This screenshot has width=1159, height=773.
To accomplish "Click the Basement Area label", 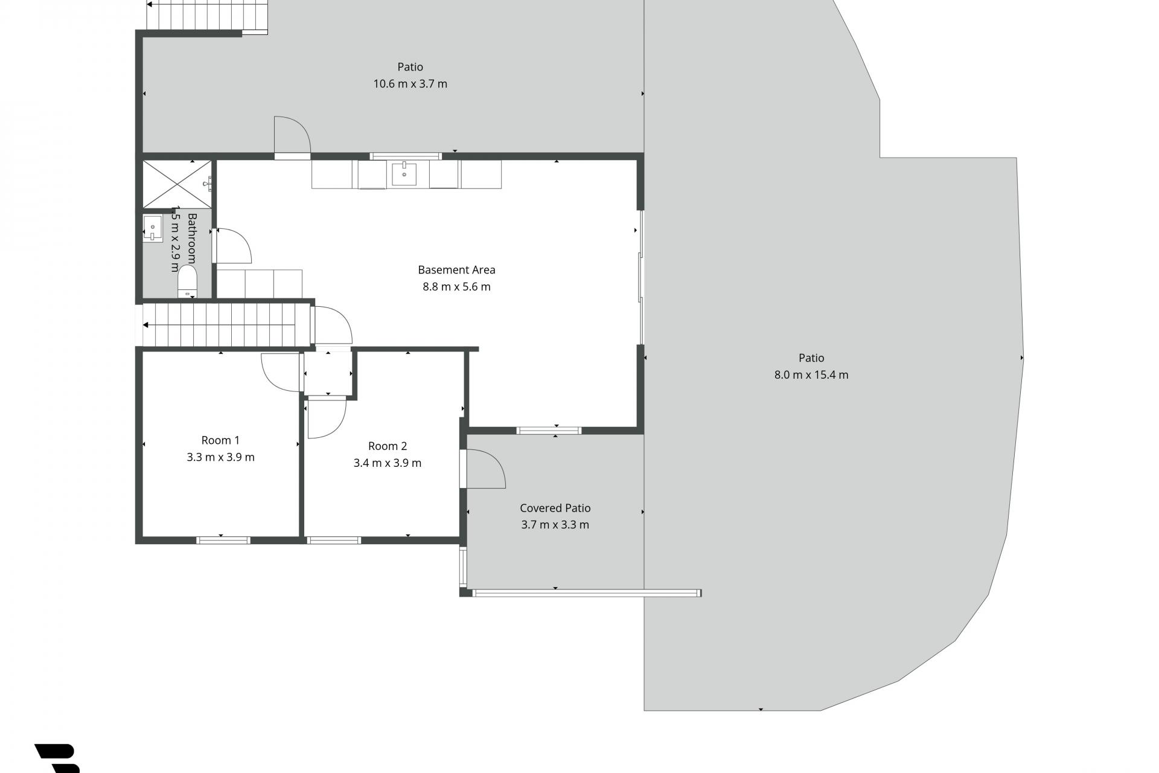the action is click(x=456, y=270).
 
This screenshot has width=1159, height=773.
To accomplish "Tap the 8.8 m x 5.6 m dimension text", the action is click(x=456, y=287).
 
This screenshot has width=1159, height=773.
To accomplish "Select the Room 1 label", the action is click(x=220, y=440).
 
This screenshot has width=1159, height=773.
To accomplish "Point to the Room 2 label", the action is click(x=388, y=446).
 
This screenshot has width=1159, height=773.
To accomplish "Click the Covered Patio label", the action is click(x=555, y=508).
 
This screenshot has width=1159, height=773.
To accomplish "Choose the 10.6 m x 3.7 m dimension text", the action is click(x=410, y=84).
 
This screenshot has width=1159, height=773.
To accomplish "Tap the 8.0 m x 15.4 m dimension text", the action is click(x=811, y=375).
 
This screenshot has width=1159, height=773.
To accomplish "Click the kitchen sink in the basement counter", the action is click(x=404, y=174).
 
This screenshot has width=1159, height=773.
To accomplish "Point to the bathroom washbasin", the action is click(x=153, y=228).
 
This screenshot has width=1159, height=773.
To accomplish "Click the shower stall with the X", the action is click(x=177, y=184).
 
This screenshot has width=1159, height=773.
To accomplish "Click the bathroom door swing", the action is click(x=234, y=245).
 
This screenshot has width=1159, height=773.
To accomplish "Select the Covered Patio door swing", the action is click(x=485, y=469).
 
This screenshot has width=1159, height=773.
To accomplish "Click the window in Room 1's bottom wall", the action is click(x=223, y=540).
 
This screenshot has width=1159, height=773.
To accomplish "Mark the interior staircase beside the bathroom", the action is click(x=226, y=325).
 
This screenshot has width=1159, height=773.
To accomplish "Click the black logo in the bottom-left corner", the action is click(x=58, y=759).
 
